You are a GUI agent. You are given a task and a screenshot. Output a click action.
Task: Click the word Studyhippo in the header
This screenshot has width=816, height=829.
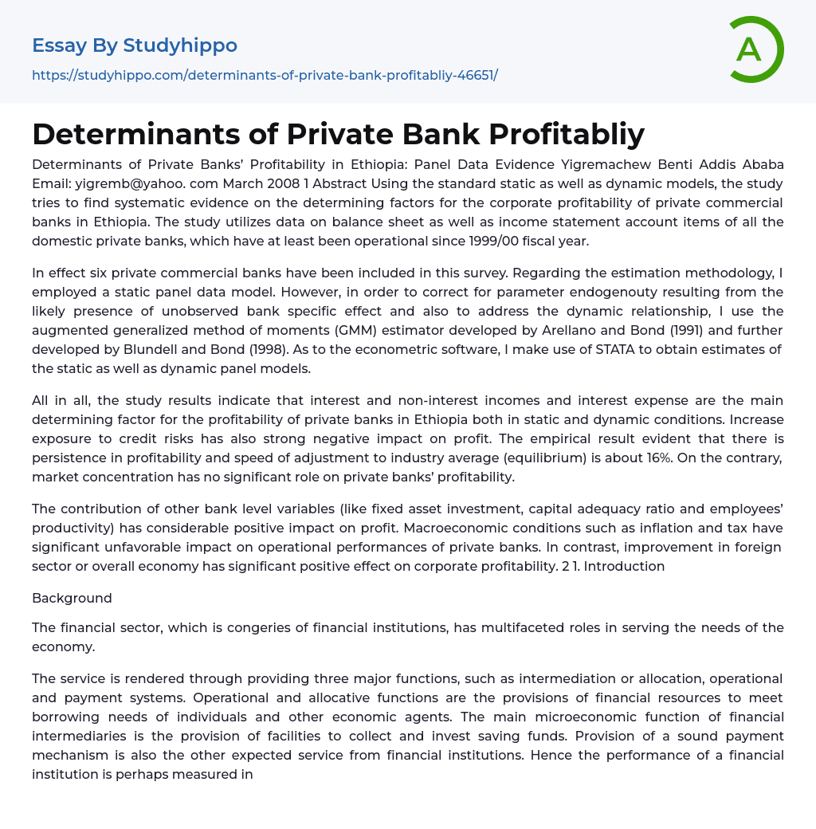point(180,45)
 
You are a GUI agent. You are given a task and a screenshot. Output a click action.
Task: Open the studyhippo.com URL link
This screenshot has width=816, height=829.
point(265,75)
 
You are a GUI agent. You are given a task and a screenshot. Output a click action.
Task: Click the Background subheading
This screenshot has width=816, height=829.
point(72,598)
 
